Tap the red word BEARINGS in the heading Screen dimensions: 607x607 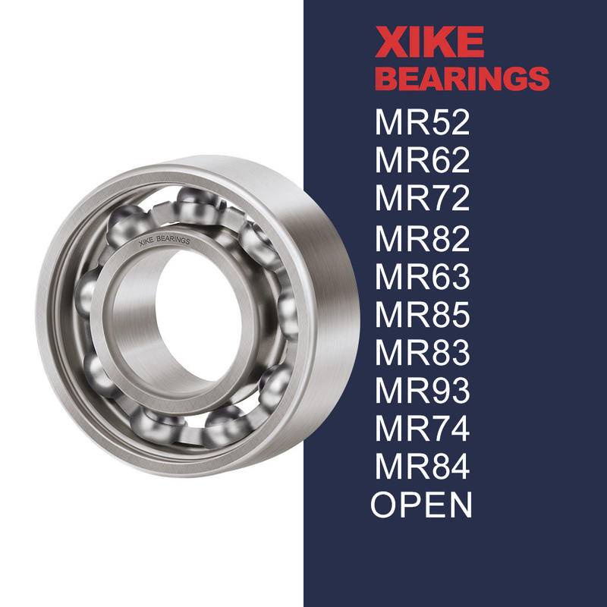(x=462, y=79)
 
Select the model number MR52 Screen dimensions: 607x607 (x=422, y=122)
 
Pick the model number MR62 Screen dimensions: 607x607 (x=422, y=161)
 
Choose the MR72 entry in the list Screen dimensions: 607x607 (x=422, y=199)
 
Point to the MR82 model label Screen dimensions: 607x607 (x=422, y=238)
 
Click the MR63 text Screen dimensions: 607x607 (x=422, y=277)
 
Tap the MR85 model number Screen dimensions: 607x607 (x=422, y=315)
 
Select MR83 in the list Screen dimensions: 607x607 (x=422, y=353)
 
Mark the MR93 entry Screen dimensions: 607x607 (x=422, y=392)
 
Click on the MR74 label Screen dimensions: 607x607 (x=422, y=429)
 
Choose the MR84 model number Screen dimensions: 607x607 (x=422, y=467)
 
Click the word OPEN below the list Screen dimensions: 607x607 (x=422, y=505)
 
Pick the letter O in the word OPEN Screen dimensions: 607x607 (x=385, y=505)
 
